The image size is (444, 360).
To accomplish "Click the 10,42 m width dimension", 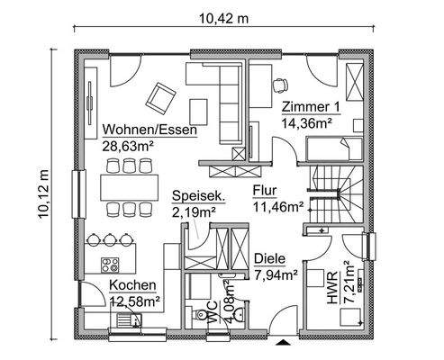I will click(x=222, y=19).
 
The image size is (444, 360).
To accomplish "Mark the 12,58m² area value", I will click(x=134, y=301).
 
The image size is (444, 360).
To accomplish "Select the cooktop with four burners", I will click(x=113, y=266).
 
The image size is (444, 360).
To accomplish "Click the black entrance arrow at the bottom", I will click(x=286, y=343).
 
